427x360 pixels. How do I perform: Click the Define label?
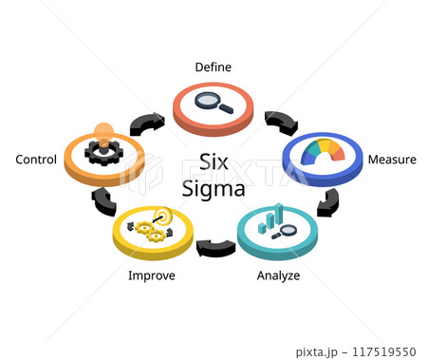(x=213, y=66)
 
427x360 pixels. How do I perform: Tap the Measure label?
(x=392, y=160)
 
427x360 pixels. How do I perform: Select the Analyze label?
(x=277, y=275)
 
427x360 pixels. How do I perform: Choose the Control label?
(x=36, y=160)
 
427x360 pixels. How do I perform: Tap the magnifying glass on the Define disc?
(x=213, y=103)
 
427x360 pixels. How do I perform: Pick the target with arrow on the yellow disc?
(x=162, y=217)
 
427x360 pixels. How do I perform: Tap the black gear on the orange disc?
(x=102, y=150)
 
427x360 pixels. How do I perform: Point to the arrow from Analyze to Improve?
(x=215, y=248)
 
